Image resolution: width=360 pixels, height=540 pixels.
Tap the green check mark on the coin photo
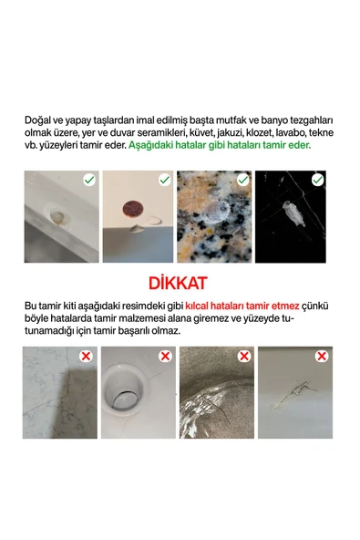pyautogui.click(x=164, y=181)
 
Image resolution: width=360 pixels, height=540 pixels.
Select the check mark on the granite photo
pyautogui.click(x=242, y=181)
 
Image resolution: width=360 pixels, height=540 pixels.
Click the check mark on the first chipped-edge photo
pyautogui.click(x=88, y=181)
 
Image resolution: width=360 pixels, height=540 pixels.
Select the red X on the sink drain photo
pyautogui.click(x=164, y=356)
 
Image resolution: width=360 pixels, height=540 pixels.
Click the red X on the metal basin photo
pyautogui.click(x=242, y=356)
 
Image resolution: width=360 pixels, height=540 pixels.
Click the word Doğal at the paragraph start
pyautogui.click(x=38, y=119)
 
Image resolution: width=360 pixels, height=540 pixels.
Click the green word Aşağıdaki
pyautogui.click(x=151, y=145)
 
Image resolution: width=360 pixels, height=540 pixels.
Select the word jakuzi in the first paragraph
pyautogui.click(x=215, y=132)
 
